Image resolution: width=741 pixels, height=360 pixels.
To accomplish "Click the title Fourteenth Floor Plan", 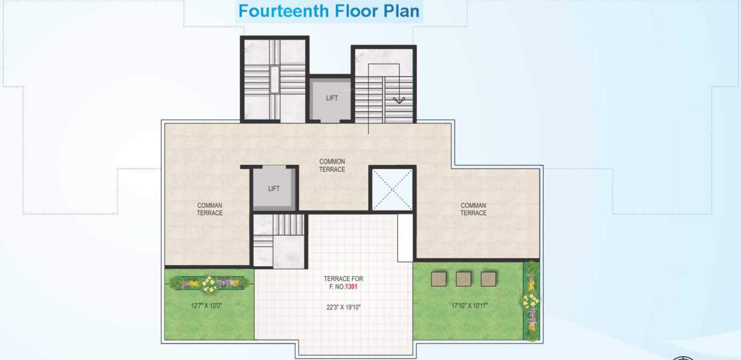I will pos(329,11).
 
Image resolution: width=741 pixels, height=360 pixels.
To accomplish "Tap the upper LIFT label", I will pos(332,98).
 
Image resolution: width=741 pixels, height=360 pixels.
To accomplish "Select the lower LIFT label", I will pos(274,189).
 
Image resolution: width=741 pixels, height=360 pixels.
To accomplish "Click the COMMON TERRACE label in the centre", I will pos(332,165).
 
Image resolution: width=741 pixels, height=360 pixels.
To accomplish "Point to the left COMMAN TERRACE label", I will pos(210,209).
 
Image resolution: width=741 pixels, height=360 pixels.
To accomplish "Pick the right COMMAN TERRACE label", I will pos(473,209).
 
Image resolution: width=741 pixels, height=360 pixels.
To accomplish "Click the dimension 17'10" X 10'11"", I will pos(469,305).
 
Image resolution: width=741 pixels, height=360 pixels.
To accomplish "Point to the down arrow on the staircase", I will pos(398,100).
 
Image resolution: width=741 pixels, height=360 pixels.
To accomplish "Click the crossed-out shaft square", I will pos(392,189).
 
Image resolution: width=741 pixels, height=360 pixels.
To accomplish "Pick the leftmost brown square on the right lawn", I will pos(439,278).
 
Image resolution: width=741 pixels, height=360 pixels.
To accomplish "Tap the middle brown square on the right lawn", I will pos(463,278).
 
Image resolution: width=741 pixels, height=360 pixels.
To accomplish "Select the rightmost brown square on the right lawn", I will pos(488,278).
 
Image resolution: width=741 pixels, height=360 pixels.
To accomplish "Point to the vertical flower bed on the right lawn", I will pos(531,300).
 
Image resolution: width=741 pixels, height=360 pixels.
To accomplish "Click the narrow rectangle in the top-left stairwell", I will pos(275,79).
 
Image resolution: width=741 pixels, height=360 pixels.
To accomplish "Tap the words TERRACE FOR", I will pos(343,278).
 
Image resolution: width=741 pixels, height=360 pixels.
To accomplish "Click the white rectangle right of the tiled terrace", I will pos(405,237).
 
